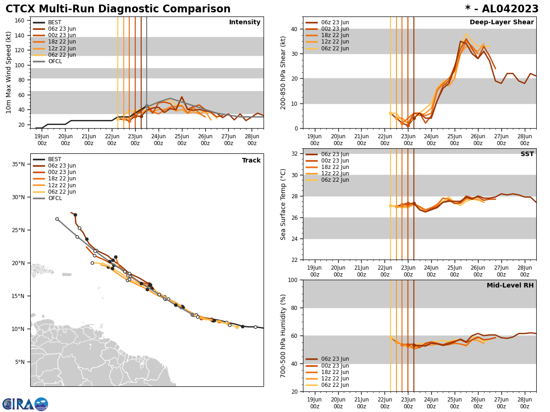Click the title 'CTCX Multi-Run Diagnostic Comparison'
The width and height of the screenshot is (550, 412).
(x=118, y=9)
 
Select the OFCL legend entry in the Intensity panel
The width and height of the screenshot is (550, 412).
(x=55, y=61)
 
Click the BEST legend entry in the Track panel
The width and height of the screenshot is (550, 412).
(x=55, y=159)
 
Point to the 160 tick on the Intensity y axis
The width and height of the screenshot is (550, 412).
(x=20, y=20)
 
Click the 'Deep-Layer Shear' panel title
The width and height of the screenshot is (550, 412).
(x=501, y=22)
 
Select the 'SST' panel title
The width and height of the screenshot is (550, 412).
(x=527, y=154)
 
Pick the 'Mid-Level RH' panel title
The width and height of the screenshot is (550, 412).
(x=510, y=286)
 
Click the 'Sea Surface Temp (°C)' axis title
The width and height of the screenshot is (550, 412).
(x=283, y=204)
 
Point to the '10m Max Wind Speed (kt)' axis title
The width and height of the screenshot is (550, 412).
(x=9, y=72)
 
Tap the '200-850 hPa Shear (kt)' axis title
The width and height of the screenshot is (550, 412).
(x=283, y=72)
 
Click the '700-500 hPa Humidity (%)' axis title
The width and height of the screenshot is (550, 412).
(x=283, y=336)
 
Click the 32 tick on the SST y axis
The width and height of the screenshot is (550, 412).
(x=295, y=154)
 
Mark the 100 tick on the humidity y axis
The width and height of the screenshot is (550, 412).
(x=293, y=280)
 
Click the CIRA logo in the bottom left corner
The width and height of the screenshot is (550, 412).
(x=25, y=404)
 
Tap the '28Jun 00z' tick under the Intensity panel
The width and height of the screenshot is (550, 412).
(x=252, y=140)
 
